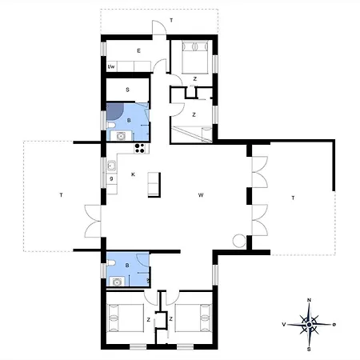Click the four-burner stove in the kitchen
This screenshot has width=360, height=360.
[139, 148]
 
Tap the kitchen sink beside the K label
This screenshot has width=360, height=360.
[111, 166]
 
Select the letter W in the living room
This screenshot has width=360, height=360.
[201, 195]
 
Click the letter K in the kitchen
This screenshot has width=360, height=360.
[133, 174]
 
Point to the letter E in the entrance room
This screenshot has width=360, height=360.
[138, 50]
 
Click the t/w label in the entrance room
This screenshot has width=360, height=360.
[111, 66]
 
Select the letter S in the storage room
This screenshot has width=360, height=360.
[127, 90]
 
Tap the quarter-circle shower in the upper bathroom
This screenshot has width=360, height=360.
[114, 111]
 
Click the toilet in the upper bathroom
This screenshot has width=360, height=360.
[110, 125]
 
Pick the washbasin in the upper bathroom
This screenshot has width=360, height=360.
[121, 136]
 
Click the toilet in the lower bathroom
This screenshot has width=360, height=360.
[110, 263]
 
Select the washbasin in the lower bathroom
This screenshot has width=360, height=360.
[117, 282]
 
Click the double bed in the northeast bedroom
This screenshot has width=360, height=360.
[195, 57]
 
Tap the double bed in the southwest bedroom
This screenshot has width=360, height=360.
[126, 318]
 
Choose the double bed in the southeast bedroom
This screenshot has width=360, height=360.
[194, 318]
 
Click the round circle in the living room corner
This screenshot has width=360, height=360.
[239, 241]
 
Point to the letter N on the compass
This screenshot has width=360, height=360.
[309, 300]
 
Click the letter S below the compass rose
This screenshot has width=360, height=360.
[309, 349]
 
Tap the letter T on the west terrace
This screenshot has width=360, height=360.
[61, 195]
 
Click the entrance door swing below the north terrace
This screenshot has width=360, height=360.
[159, 27]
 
